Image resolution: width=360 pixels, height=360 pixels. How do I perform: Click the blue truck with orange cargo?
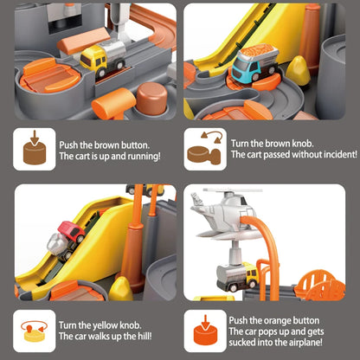click(254, 63)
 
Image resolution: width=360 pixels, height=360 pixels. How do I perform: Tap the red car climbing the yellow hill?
click(72, 231)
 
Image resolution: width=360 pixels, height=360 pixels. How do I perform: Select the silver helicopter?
click(223, 214)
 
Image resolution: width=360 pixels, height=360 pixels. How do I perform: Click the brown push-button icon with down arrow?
click(35, 149)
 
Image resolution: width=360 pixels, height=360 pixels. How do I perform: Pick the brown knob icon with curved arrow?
click(205, 149)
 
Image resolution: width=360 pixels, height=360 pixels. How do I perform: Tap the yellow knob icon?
click(34, 331)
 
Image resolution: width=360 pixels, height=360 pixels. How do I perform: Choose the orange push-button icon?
click(205, 331)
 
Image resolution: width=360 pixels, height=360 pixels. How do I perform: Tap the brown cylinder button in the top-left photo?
click(151, 98)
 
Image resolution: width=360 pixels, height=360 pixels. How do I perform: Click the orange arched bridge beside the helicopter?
click(320, 285)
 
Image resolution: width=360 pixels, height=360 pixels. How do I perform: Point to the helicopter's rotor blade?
click(233, 190)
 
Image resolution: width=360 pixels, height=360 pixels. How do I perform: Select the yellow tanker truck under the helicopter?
click(238, 276)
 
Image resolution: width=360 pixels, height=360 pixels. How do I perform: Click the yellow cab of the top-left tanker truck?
click(93, 60)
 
